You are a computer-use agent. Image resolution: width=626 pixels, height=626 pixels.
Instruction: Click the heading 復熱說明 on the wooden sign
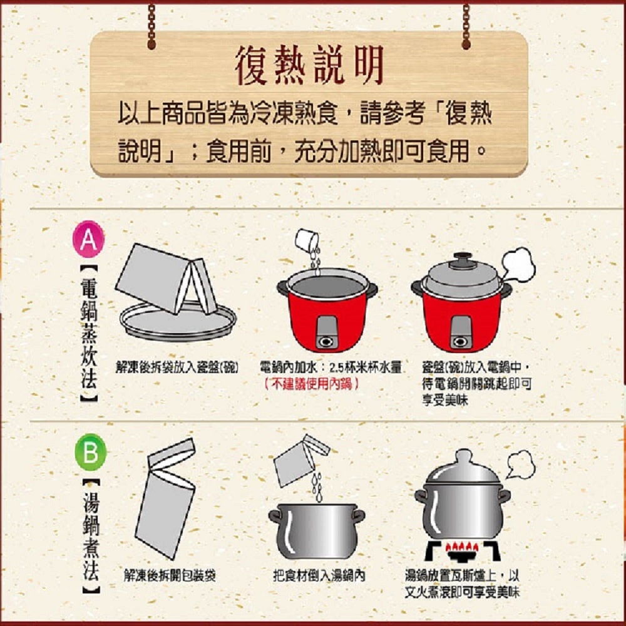[310, 65]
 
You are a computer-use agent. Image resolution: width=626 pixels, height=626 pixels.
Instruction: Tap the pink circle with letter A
[89, 239]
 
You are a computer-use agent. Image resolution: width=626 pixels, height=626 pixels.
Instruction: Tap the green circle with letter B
[91, 452]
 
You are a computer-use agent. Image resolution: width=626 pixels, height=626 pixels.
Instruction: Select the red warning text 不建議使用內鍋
[311, 384]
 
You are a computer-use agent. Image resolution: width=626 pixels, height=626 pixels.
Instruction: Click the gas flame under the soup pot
[463, 547]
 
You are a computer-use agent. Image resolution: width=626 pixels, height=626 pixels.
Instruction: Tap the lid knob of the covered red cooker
[462, 258]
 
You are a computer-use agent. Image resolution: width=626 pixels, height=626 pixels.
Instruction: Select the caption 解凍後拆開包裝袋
[170, 576]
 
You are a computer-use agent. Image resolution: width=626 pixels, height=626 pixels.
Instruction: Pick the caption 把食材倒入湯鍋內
[319, 576]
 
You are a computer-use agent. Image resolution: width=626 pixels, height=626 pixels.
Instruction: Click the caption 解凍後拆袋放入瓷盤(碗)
[177, 367]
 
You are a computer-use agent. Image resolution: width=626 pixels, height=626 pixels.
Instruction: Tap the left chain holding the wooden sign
[151, 26]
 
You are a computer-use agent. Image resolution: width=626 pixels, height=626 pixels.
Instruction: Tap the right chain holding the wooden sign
[466, 26]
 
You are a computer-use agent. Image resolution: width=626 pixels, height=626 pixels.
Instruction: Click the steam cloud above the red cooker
[518, 264]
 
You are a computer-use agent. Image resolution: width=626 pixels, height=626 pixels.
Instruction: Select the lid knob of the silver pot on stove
[463, 456]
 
